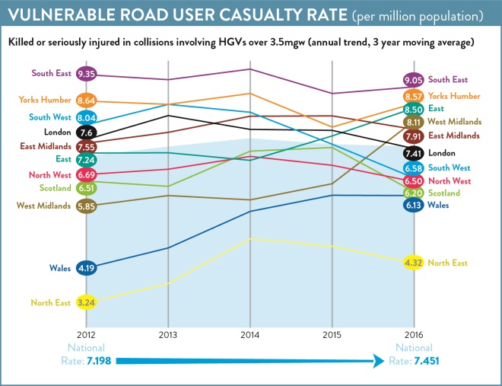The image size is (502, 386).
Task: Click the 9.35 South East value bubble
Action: coord(85,75)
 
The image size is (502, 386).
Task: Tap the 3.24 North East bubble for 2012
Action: coord(85,302)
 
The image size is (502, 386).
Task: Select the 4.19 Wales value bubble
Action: coord(85,267)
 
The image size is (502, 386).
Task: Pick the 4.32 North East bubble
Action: coord(414,263)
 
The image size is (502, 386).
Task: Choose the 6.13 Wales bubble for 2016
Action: coord(414,205)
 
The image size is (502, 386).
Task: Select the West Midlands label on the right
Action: coord(454,122)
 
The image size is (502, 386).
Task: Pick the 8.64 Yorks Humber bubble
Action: coord(85,100)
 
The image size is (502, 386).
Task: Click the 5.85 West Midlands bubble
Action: coord(85,206)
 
